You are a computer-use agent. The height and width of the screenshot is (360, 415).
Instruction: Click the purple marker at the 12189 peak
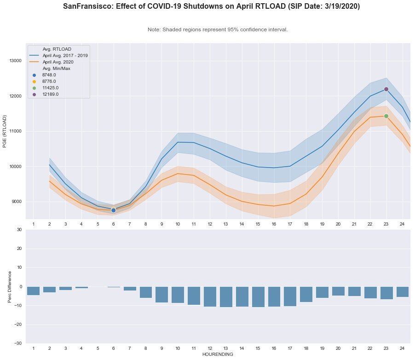(x=386, y=89)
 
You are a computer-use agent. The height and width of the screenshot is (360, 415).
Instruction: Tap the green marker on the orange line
(x=386, y=116)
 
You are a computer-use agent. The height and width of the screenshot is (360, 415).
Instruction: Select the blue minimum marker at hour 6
(x=113, y=210)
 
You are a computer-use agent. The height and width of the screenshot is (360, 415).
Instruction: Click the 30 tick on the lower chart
(x=19, y=229)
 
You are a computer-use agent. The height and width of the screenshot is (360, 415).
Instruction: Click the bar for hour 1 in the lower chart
(x=33, y=290)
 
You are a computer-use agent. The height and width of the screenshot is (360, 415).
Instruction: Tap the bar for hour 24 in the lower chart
(x=403, y=291)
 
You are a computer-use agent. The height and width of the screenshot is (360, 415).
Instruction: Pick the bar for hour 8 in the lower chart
(x=146, y=292)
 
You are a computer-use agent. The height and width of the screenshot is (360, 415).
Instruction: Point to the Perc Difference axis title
(x=10, y=286)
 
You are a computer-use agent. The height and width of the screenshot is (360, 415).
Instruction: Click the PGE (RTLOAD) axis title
(x=5, y=131)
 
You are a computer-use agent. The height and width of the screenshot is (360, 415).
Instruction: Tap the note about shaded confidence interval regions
(x=218, y=29)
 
